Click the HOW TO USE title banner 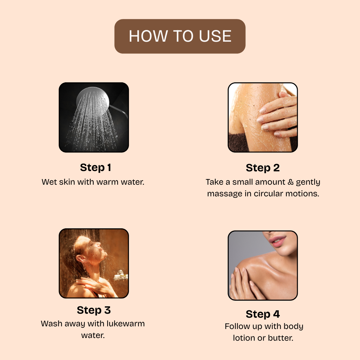click(x=180, y=36)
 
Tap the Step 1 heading click(x=96, y=168)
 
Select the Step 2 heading click(x=263, y=168)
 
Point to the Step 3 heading click(x=94, y=310)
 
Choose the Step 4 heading click(x=263, y=314)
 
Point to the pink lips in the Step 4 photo click(x=278, y=241)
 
